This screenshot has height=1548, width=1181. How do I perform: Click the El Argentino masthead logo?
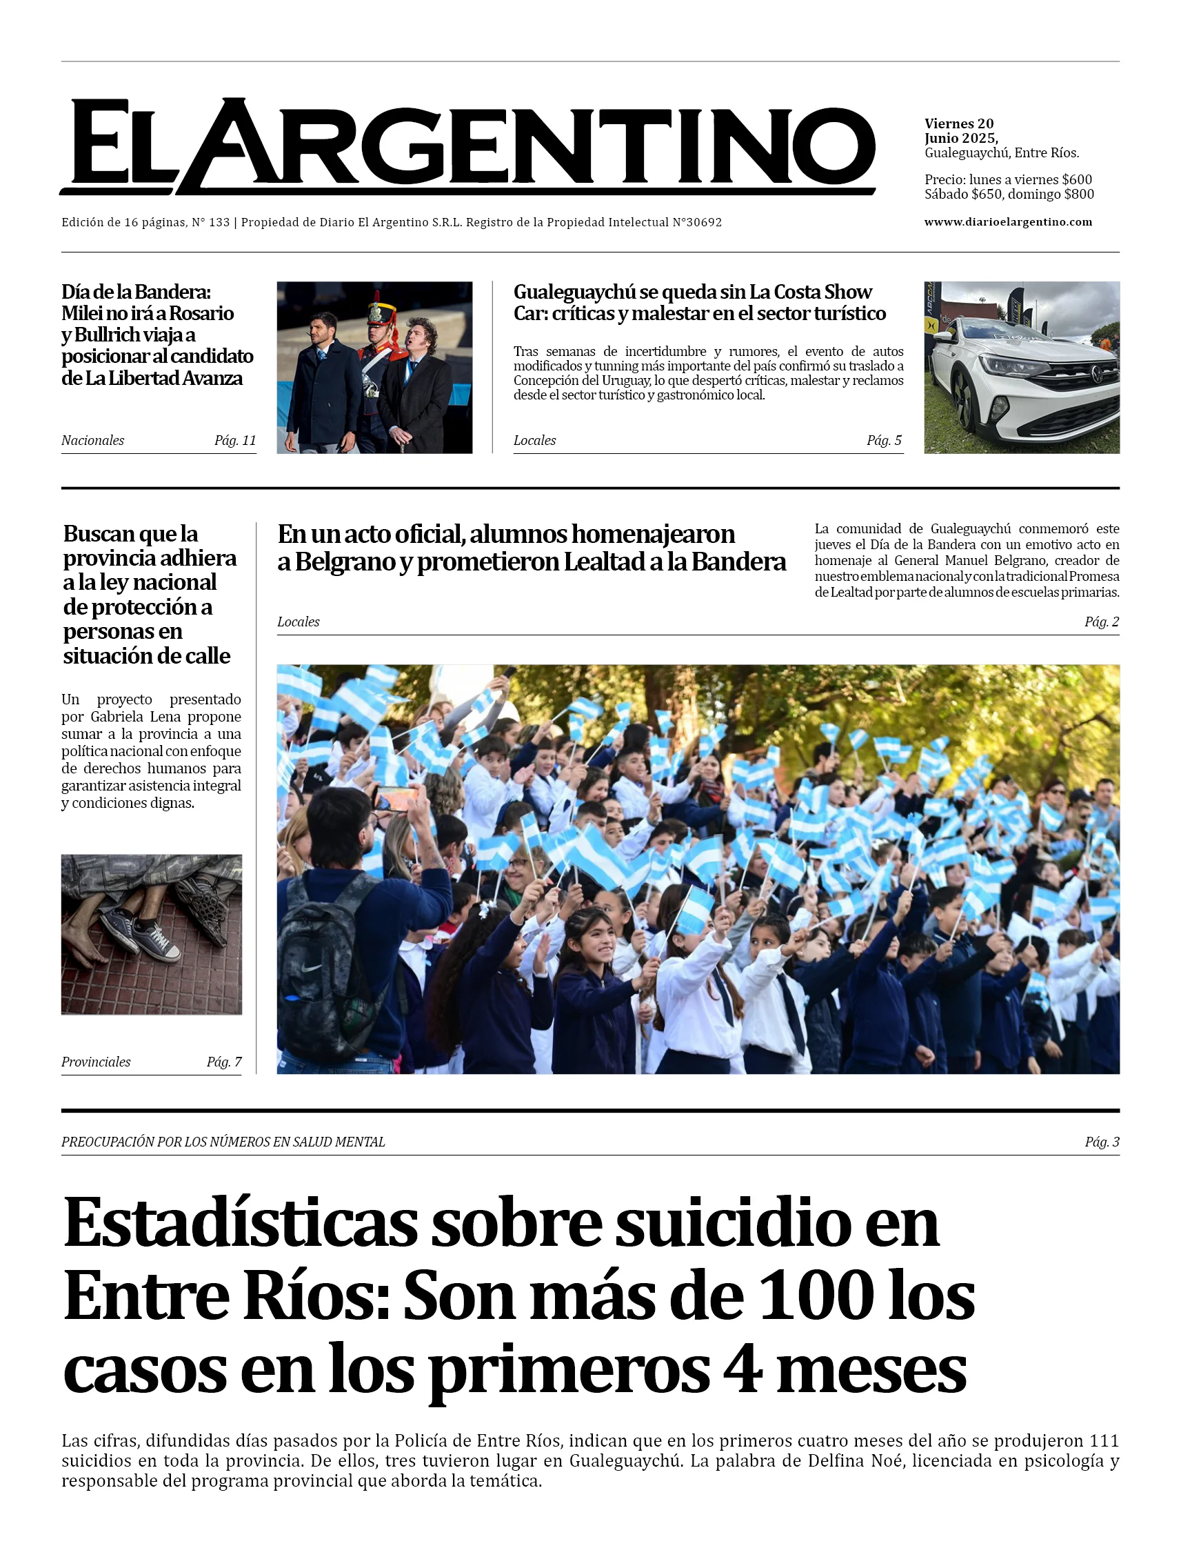[x=467, y=146]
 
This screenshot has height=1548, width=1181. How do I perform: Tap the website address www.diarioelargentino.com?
[x=1007, y=222]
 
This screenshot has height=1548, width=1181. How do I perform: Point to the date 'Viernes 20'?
[x=959, y=123]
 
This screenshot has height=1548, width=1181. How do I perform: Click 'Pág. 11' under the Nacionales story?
[x=235, y=440]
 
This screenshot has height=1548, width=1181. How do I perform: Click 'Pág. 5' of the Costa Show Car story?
[x=884, y=440]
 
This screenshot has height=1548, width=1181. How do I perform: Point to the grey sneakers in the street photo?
[x=141, y=929]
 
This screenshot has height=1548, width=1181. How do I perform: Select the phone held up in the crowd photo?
[x=395, y=798]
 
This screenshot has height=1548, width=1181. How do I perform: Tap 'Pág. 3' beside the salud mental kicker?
[x=1102, y=1142]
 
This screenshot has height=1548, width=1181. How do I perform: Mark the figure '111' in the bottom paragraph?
[x=1104, y=1441]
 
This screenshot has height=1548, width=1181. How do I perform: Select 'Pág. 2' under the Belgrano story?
[x=1102, y=622]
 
